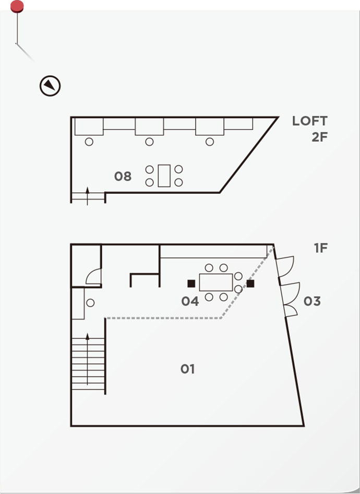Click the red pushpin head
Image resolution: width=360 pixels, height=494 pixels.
tap(17, 6)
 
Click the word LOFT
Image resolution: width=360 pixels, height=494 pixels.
tap(309, 121)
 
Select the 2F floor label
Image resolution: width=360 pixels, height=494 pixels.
tap(319, 137)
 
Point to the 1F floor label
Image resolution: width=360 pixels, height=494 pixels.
tap(321, 248)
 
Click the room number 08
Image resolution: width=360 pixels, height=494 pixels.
tap(123, 177)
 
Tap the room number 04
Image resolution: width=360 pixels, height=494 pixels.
tap(190, 301)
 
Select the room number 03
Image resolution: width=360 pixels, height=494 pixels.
tap(312, 301)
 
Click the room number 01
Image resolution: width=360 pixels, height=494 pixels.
tap(187, 369)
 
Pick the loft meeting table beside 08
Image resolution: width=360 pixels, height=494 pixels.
tap(164, 175)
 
